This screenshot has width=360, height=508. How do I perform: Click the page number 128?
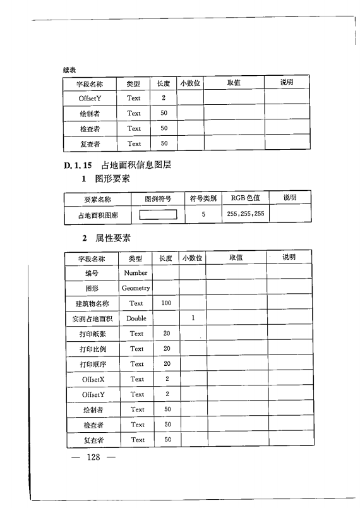94,457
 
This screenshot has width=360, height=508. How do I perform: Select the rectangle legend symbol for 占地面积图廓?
157,214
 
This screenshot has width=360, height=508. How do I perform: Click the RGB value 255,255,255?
246,214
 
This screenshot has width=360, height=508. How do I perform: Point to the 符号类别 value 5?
203,214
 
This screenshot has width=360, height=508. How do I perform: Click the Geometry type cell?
136,288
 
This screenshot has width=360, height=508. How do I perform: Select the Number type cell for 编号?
136,273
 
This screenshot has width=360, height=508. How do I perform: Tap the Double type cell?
136,318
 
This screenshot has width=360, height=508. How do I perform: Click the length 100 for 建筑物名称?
166,303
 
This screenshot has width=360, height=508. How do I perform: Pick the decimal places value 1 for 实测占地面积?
192,318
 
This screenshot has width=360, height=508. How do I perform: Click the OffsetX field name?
92,379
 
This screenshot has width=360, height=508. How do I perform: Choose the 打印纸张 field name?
92,334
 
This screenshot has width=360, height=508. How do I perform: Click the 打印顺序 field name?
92,364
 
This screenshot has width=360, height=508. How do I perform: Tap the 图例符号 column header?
158,198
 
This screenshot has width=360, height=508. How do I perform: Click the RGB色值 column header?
246,198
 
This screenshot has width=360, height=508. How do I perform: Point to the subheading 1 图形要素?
107,179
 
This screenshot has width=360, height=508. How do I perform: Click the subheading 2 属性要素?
107,238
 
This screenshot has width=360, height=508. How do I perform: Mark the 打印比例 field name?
92,349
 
